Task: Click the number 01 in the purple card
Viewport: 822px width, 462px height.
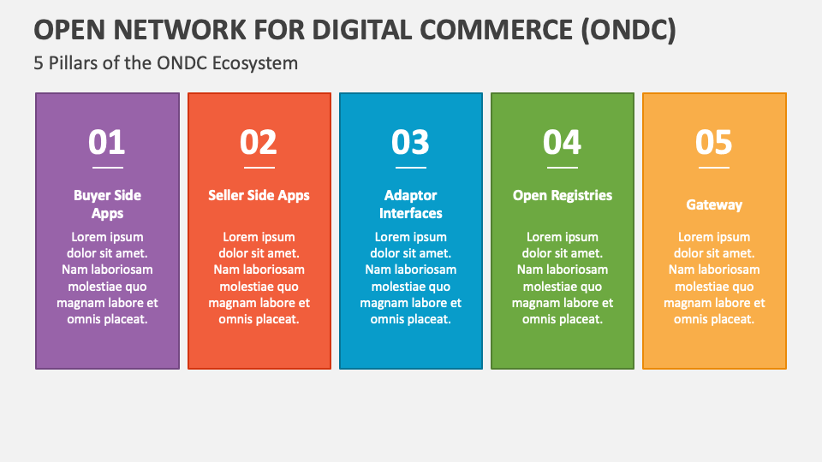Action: (x=107, y=142)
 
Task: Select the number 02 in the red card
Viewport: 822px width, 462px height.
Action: (x=259, y=142)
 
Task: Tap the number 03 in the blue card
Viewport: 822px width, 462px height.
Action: (x=411, y=142)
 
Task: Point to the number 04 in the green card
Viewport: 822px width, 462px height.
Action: (x=563, y=142)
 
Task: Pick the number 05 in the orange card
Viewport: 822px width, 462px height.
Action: (x=714, y=142)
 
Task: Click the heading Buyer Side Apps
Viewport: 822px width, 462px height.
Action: (x=107, y=204)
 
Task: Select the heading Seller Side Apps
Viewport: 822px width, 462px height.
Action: (x=259, y=195)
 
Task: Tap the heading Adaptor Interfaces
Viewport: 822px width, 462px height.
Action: (x=411, y=204)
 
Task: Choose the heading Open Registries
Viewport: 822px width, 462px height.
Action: (x=563, y=195)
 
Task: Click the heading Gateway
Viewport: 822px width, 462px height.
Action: (x=714, y=204)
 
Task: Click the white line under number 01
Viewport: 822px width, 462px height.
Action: (x=107, y=168)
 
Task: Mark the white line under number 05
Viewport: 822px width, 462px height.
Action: (x=714, y=168)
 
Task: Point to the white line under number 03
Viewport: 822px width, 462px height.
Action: (x=411, y=168)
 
